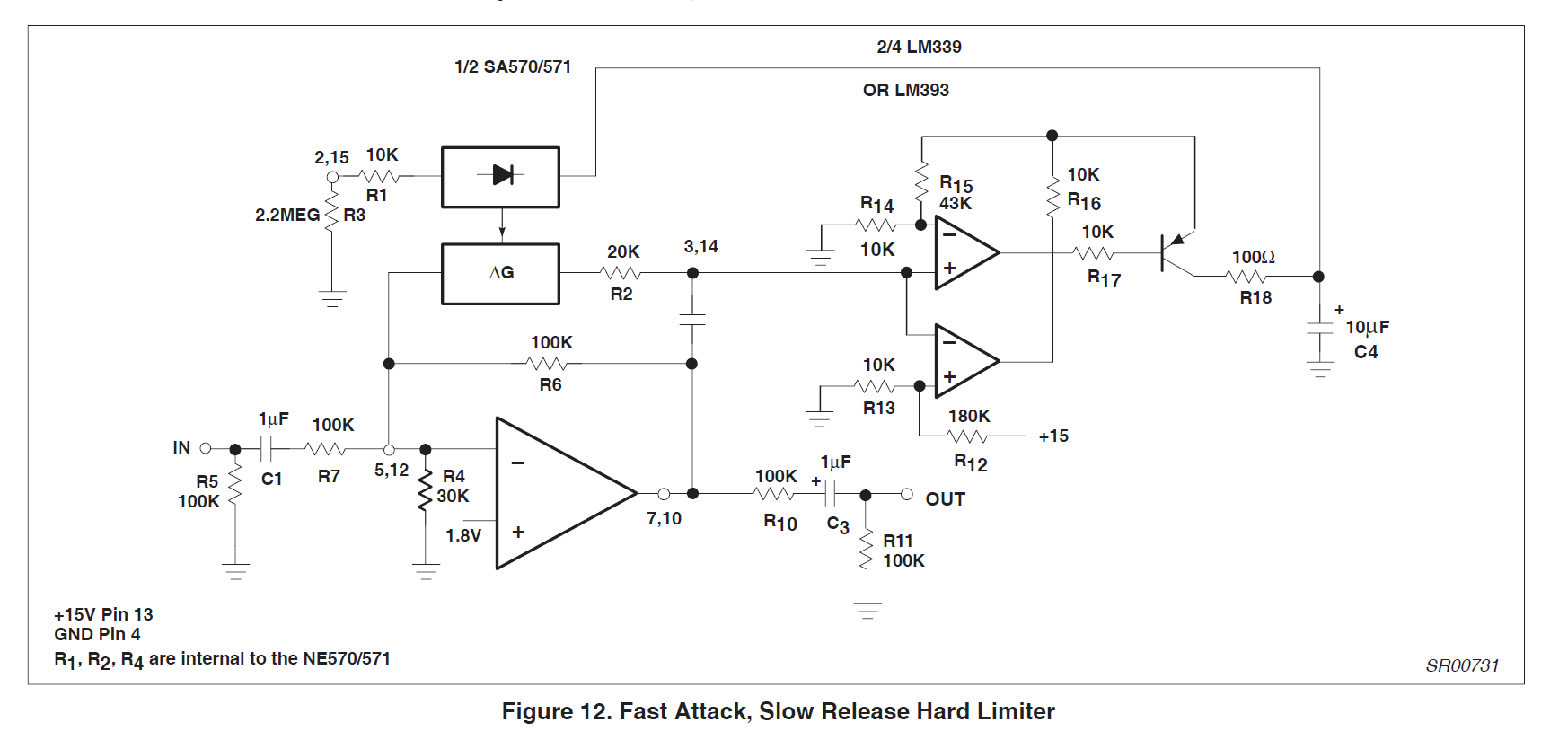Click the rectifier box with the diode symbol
coord(500,177)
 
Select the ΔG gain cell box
coord(500,273)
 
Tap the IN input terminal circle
coord(206,448)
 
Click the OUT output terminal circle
coord(907,494)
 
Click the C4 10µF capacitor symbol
coord(1319,328)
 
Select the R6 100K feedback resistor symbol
coord(548,364)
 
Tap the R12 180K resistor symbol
coord(967,436)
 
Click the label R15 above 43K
coord(956,183)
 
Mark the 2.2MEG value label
coord(287,216)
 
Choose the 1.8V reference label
coord(463,535)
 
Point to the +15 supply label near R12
coord(1053,436)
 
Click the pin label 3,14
coord(700,246)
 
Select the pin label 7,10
coord(664,518)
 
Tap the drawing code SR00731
coord(1462,665)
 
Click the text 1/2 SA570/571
coord(512,66)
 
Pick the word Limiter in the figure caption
coord(1016,712)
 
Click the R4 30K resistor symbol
coord(425,489)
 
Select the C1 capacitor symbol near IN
coord(267,448)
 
